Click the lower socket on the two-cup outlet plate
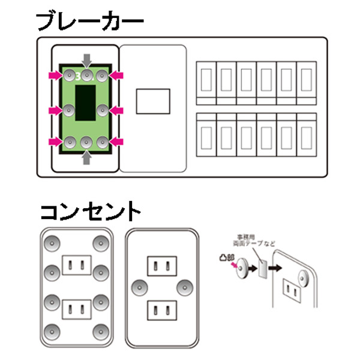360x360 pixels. click(161, 311)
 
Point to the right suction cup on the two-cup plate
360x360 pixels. click(184, 287)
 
